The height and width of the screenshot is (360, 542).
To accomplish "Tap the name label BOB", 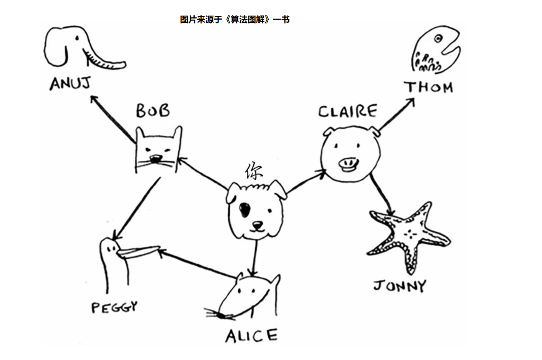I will pos(153,111).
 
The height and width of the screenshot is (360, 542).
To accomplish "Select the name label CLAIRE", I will pos(347,111).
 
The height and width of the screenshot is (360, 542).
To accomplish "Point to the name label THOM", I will pos(429,87).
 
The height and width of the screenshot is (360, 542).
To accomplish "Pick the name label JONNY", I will pos(400,286).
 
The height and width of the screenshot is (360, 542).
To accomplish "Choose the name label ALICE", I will pos(251,335).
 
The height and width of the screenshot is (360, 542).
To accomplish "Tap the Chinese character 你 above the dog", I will pos(254,171).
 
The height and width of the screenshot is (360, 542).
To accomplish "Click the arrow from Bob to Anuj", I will pos(112,118).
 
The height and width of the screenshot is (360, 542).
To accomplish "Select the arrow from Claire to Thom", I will pos(396,115).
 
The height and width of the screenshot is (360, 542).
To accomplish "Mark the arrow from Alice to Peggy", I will pos(198,264).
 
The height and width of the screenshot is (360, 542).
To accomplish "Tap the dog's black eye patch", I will pos(244,209).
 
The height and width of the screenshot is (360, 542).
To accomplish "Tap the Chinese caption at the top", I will pos(235,20).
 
